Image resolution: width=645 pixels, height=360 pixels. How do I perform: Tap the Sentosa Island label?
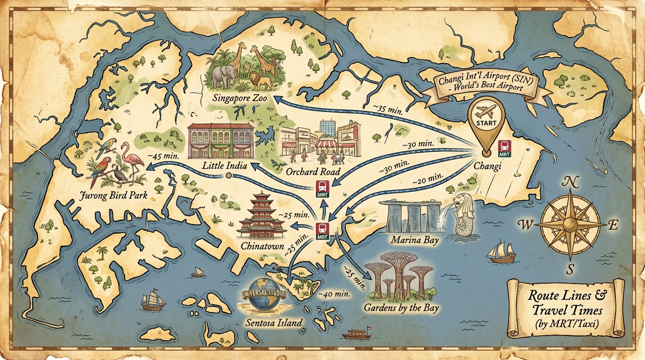point(274,323)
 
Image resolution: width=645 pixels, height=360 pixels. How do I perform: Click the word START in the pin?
point(487,123)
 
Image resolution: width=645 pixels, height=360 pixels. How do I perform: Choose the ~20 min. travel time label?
point(427,179)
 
